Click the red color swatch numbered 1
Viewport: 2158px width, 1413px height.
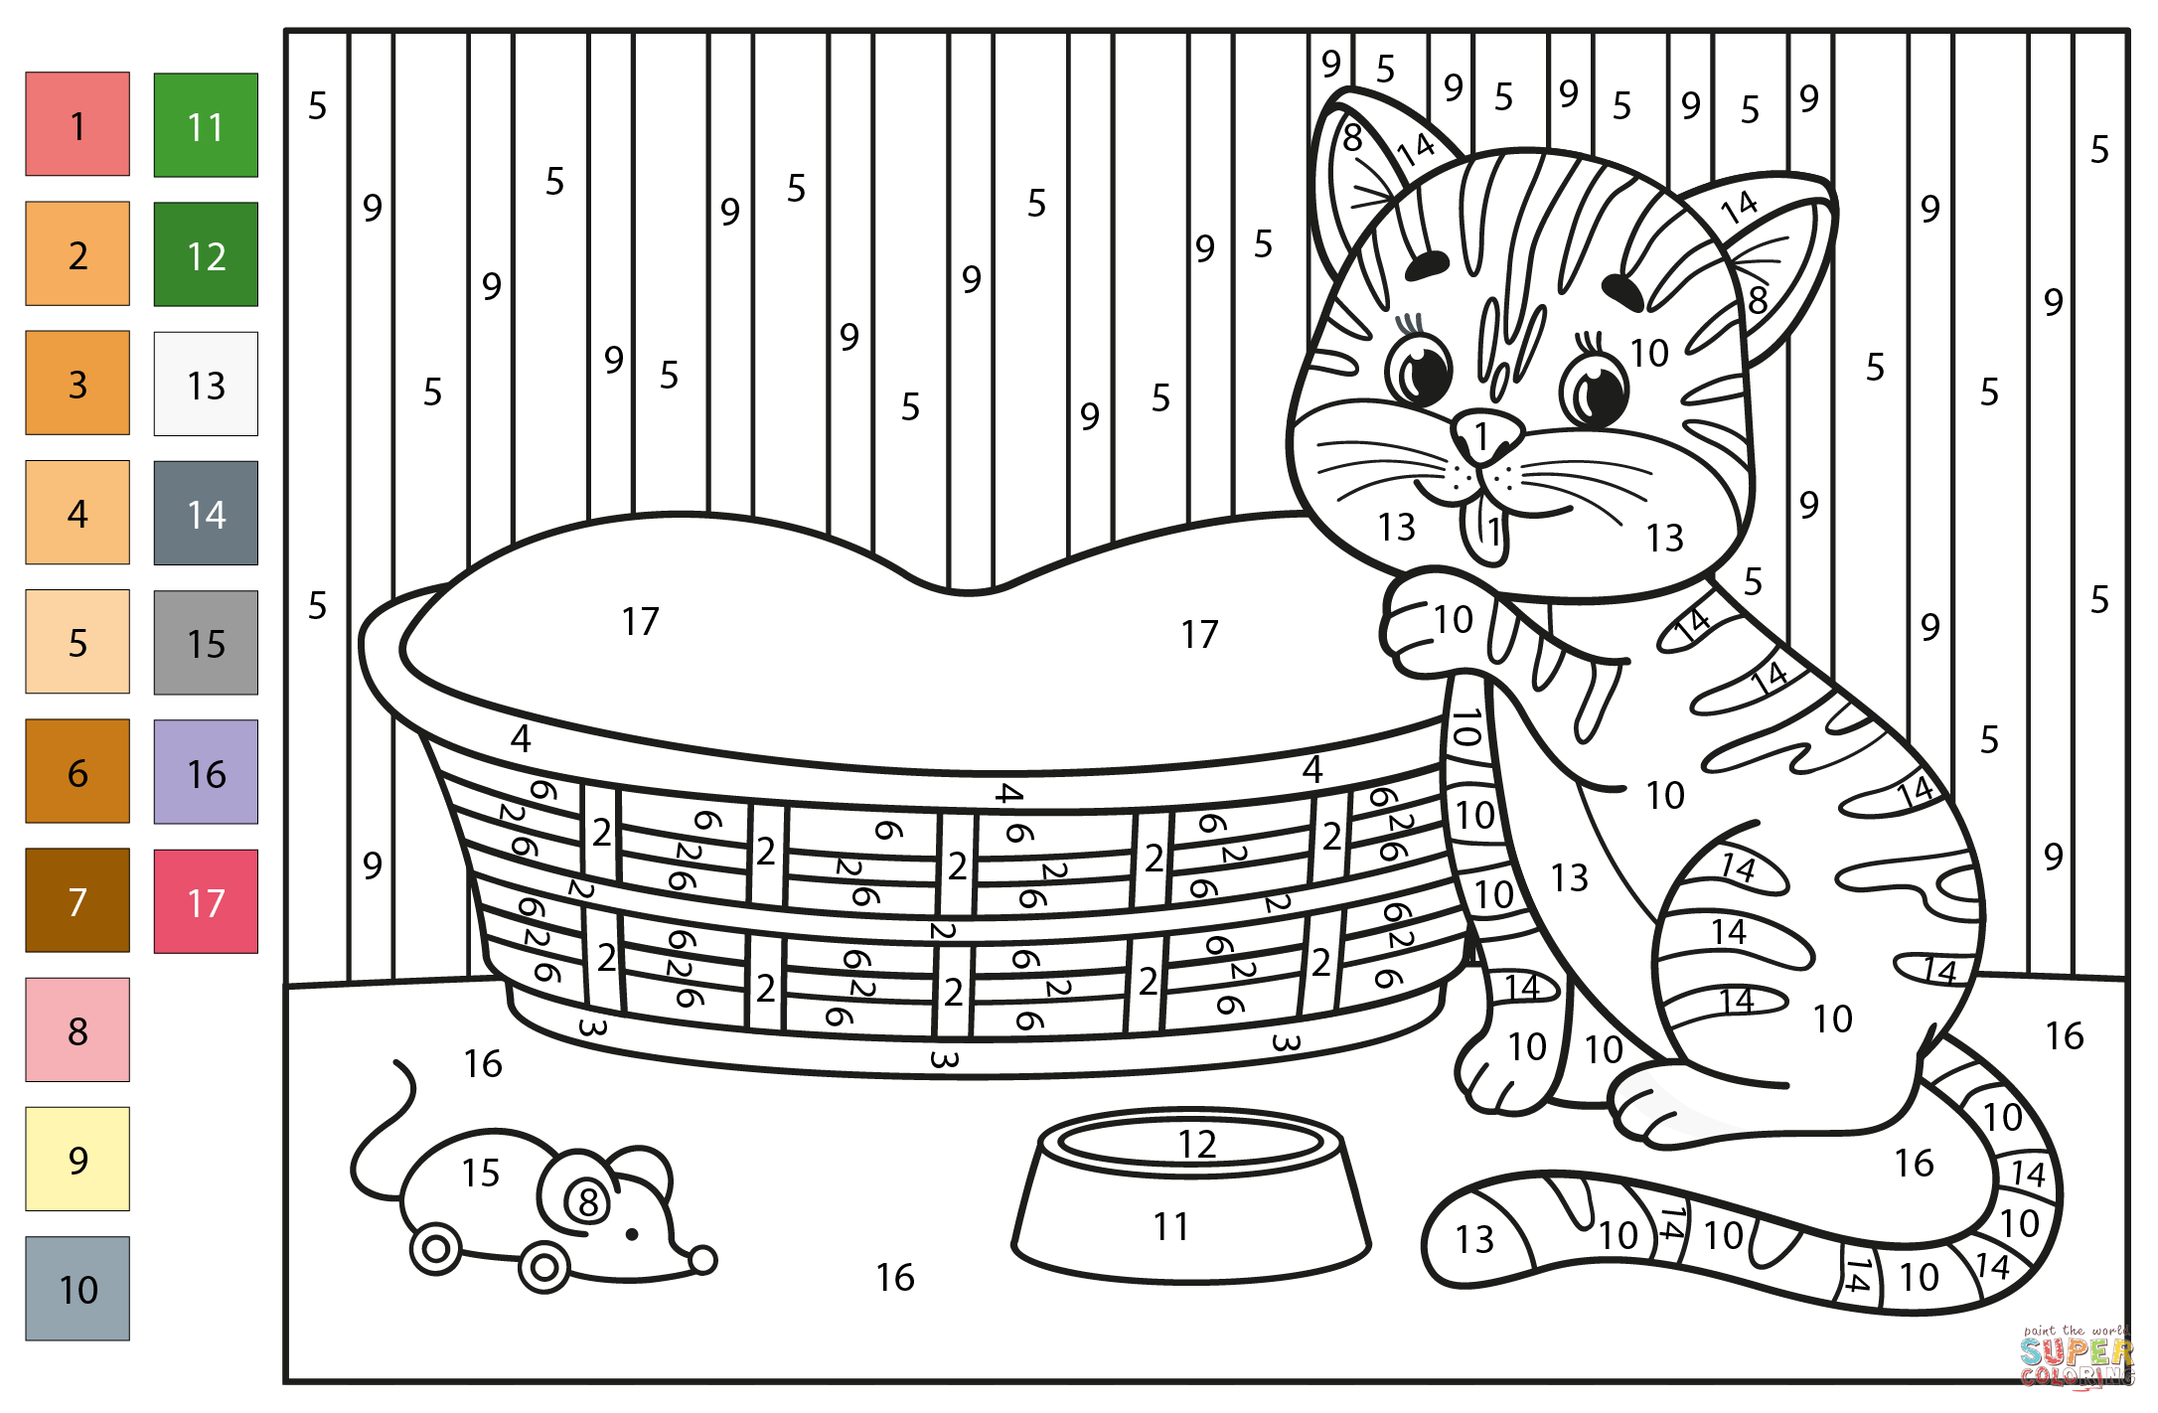coord(77,124)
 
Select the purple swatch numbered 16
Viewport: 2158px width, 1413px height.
coord(206,772)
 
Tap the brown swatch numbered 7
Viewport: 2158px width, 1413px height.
coord(77,900)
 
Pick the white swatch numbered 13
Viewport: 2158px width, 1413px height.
coord(206,384)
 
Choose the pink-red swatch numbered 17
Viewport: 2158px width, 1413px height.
coord(206,901)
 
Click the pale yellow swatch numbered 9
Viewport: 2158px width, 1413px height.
coord(77,1159)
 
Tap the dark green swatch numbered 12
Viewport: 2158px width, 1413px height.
coord(206,254)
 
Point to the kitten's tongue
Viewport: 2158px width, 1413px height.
coord(1489,532)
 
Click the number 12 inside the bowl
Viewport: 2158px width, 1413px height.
coord(1196,1145)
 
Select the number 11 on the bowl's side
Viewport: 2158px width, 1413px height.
coord(1171,1227)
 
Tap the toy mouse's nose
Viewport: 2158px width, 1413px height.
coord(702,1260)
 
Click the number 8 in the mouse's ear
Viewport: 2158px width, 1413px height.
coord(588,1202)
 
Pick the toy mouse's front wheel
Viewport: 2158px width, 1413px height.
coord(543,1267)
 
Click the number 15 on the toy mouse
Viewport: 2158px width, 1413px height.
coord(480,1174)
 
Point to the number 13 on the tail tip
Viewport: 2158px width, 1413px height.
coord(1474,1239)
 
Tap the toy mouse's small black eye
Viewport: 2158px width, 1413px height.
coord(632,1234)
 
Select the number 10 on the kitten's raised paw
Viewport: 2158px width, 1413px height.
coord(1453,620)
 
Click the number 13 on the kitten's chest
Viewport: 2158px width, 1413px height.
coord(1569,878)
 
